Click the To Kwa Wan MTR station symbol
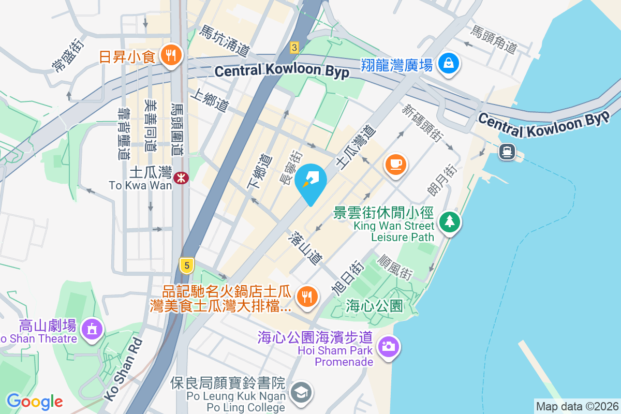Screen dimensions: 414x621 pos(181,178)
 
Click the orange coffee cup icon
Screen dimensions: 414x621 pos(396,165)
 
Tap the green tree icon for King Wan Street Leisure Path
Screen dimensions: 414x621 pos(450,222)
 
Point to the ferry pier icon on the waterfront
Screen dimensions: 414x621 pos(507,151)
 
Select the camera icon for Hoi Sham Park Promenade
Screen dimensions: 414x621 pos(388,345)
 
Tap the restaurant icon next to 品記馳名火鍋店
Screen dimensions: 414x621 pos(307,297)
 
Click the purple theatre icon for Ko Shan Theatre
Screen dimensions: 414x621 pos(92,328)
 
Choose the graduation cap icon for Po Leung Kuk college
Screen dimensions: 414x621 pos(300,392)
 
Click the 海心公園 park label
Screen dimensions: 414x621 pos(374,306)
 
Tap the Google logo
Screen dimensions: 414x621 pos(35,401)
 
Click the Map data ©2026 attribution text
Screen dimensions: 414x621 pos(577,407)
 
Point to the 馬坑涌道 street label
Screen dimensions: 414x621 pos(225,41)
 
